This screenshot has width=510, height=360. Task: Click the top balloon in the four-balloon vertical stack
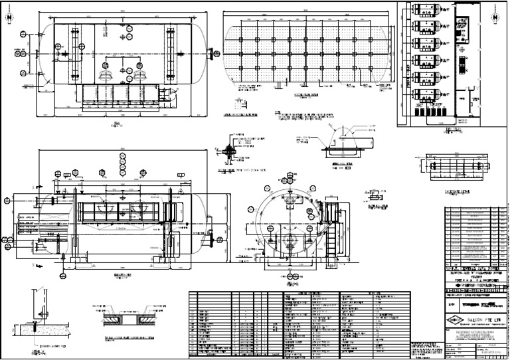[122, 157]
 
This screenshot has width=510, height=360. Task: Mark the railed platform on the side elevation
[122, 212]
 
